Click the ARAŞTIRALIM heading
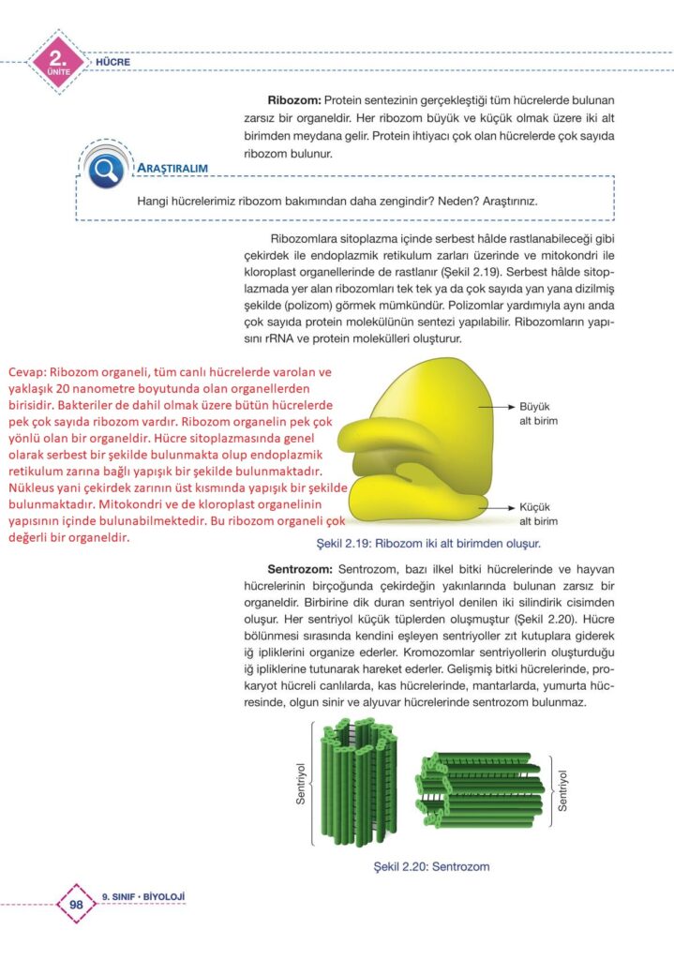pyautogui.click(x=172, y=169)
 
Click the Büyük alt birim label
pyautogui.click(x=538, y=414)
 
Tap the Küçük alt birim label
pyautogui.click(x=538, y=513)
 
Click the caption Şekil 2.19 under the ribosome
pyautogui.click(x=430, y=543)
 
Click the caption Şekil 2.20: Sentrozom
pyautogui.click(x=431, y=866)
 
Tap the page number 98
pyautogui.click(x=77, y=905)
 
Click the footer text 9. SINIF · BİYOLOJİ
pyautogui.click(x=142, y=896)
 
